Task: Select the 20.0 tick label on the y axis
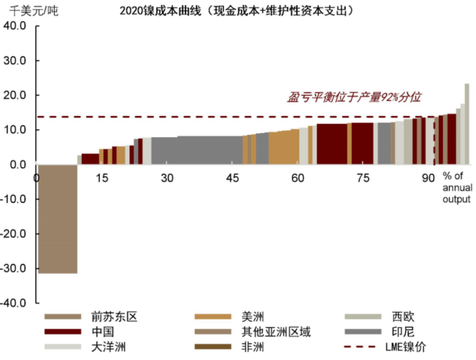pos(15,95)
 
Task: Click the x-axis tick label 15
pos(101,178)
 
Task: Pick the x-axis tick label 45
pos(233,178)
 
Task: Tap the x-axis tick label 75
pos(364,178)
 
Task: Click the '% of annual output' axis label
pos(452,188)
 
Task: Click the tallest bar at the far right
pos(467,123)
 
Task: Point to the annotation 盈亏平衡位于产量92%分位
pos(355,97)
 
